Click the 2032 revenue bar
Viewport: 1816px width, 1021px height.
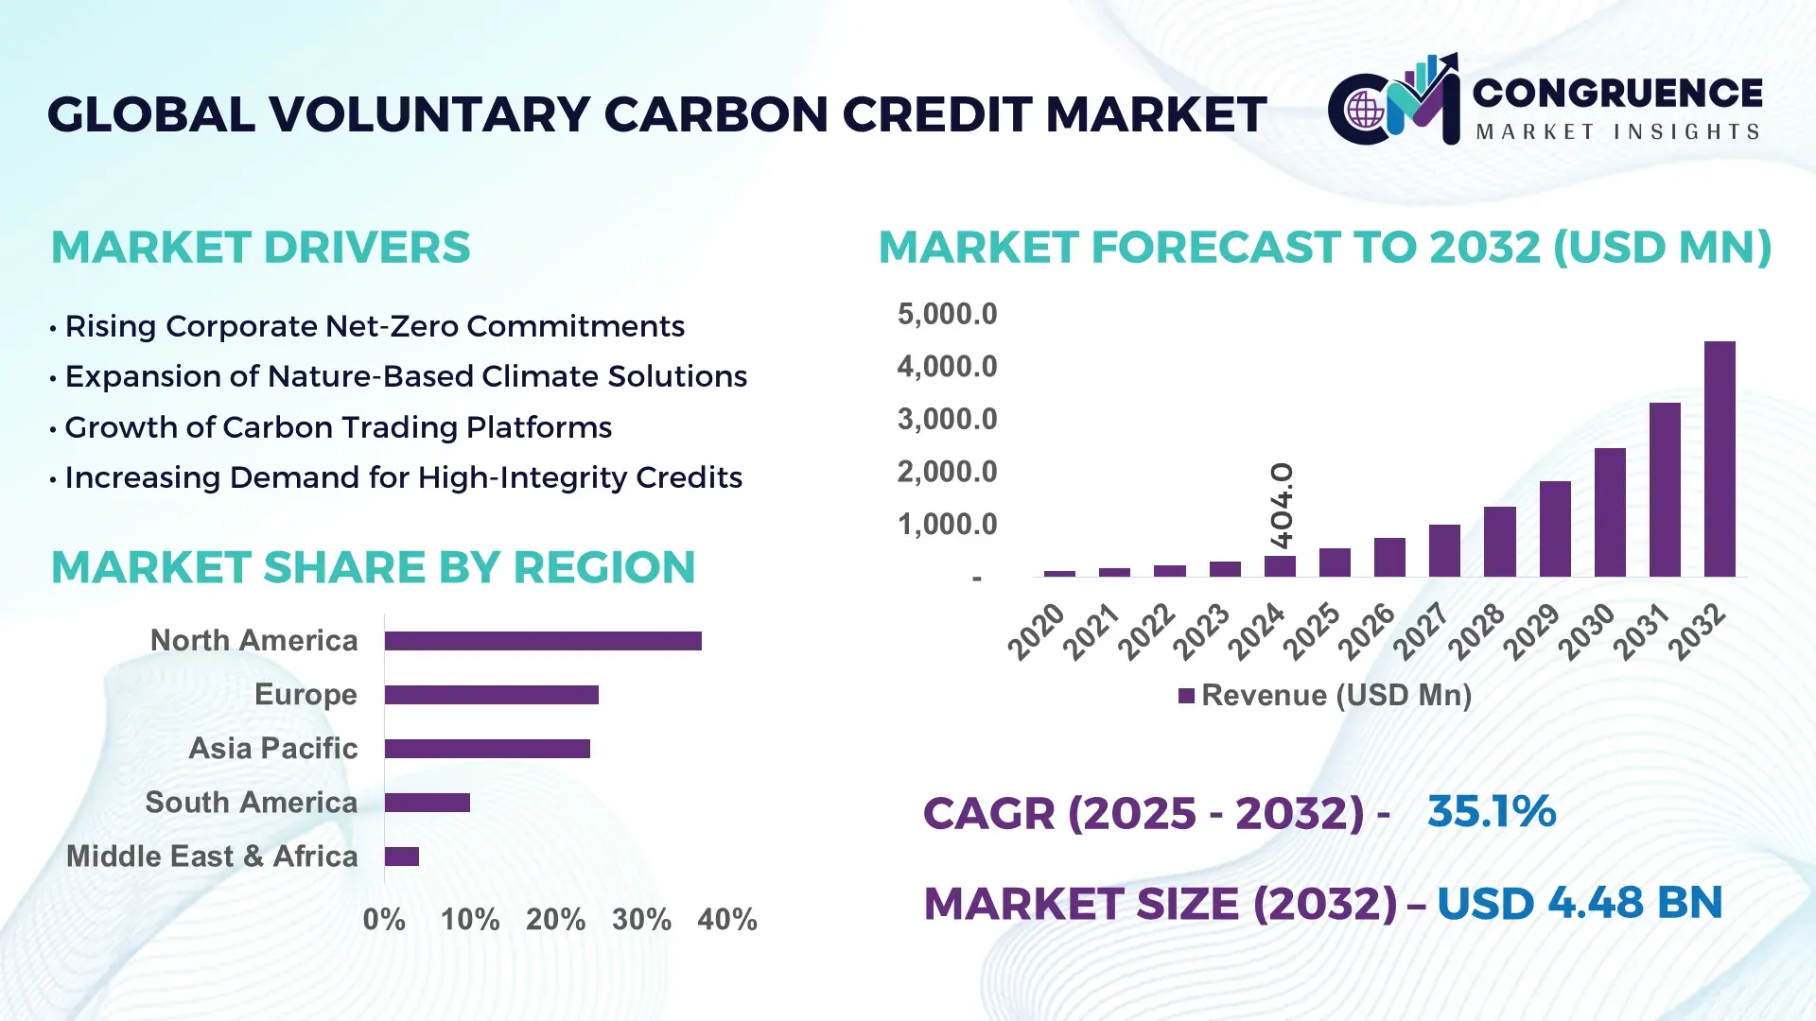coord(1720,459)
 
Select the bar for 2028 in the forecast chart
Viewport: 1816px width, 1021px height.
coord(1499,542)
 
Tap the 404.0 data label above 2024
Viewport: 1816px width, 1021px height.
coord(1282,506)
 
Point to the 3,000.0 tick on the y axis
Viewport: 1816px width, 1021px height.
coord(947,419)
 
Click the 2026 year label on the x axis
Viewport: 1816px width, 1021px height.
coord(1367,632)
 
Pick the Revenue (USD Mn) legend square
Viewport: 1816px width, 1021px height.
coord(1186,696)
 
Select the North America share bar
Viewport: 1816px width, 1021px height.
coord(543,641)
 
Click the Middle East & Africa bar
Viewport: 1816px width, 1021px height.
coord(402,857)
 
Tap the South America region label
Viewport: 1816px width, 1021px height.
coord(252,803)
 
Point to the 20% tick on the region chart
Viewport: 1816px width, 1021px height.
coord(556,919)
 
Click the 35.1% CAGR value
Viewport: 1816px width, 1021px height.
coord(1492,812)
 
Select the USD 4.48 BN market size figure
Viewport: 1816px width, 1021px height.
coord(1580,903)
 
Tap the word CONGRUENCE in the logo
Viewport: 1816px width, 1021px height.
coord(1617,93)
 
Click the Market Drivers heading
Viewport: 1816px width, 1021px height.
coord(261,248)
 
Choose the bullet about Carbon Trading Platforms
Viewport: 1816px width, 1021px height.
coord(338,427)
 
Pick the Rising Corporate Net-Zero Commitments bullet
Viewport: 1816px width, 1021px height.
coord(375,326)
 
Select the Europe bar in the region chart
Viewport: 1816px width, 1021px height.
coord(492,695)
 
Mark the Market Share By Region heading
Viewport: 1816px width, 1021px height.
coord(374,567)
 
